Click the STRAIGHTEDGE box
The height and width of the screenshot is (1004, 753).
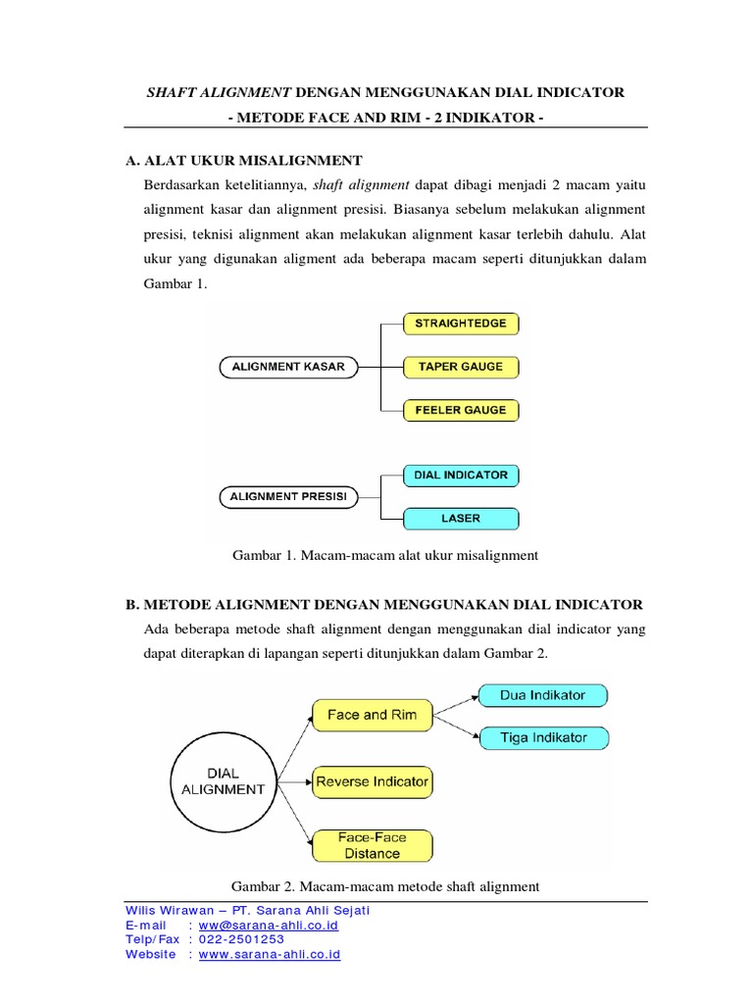pos(460,323)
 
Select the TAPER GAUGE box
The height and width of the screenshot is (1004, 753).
pos(460,367)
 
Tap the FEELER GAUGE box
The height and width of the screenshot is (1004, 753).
pos(460,410)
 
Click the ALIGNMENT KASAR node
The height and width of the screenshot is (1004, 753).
pos(287,367)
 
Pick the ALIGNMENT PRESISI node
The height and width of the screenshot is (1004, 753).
pos(288,496)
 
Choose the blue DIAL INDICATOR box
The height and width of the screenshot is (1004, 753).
pos(460,475)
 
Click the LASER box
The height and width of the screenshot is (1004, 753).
pos(460,518)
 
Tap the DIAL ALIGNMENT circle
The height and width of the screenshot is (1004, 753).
pos(225,780)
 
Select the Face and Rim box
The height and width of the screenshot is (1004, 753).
pos(372,715)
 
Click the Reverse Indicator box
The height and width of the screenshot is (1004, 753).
pos(372,781)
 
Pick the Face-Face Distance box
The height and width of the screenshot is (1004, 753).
pos(372,845)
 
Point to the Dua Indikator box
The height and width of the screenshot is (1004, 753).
pos(542,695)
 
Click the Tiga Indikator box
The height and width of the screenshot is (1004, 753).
pos(543,737)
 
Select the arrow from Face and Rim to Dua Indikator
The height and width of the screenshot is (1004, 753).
pos(455,705)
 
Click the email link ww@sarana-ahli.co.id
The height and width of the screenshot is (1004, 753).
pos(269,925)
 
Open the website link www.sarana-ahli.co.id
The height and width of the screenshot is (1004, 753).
pos(269,954)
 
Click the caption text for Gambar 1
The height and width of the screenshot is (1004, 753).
pos(385,555)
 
